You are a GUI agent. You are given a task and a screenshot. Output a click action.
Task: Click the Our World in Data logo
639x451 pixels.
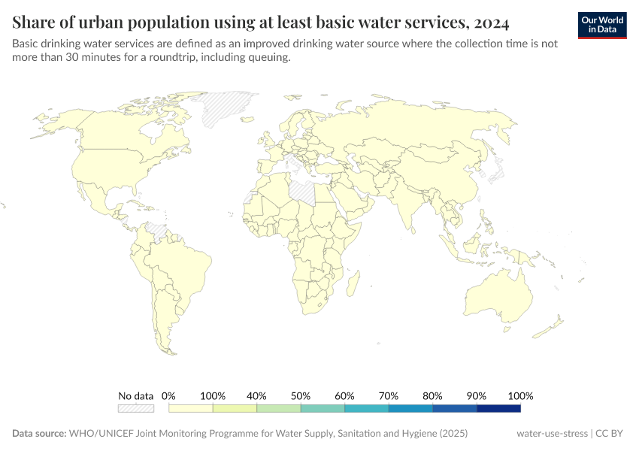[x=602, y=25]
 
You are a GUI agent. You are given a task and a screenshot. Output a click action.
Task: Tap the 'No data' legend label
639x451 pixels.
[x=135, y=395]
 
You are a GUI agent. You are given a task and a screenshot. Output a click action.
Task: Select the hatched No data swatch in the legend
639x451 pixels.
[x=135, y=408]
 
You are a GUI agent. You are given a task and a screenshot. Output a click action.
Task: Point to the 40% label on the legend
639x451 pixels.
[x=256, y=395]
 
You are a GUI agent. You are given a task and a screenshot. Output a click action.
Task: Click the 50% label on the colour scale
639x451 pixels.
[x=301, y=395]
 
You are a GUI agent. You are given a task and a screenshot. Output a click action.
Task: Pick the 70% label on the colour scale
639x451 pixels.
[x=389, y=395]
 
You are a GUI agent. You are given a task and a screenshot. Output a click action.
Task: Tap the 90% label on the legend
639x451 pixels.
[x=477, y=395]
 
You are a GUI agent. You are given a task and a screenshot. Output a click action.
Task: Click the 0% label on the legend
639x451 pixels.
[x=168, y=395]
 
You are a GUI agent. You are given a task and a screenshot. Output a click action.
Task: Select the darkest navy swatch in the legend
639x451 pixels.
[x=498, y=408]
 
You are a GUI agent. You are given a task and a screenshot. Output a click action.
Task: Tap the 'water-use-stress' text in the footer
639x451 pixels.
[x=553, y=434]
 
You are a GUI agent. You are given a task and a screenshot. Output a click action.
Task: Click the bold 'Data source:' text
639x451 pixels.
[x=39, y=434]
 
